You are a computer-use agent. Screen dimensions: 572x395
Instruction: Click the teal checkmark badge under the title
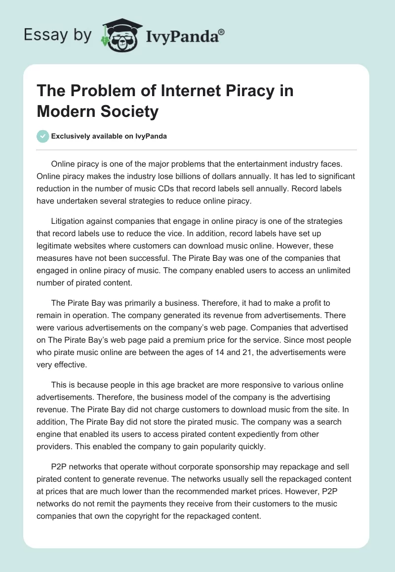click(43, 136)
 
